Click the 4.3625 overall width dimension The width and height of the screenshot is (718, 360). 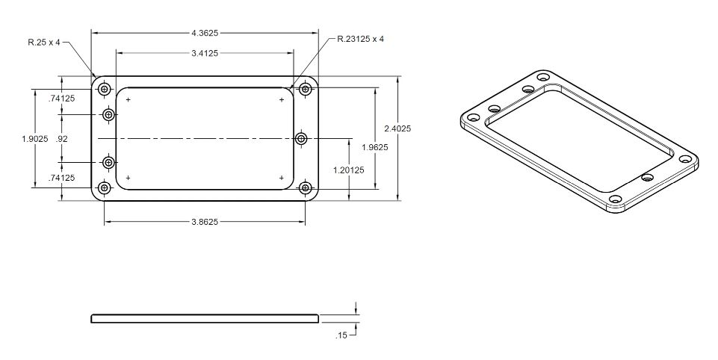click(205, 33)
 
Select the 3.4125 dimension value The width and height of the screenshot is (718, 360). click(205, 53)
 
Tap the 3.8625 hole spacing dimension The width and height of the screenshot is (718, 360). click(205, 222)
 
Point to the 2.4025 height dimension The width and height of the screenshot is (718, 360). click(397, 128)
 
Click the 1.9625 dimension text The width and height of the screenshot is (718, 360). click(375, 147)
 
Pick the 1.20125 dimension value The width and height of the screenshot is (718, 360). click(349, 170)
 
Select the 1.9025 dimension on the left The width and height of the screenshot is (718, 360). click(35, 139)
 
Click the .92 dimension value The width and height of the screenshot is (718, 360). click(61, 139)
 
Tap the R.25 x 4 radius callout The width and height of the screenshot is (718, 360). click(44, 43)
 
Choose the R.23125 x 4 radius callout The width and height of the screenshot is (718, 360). click(360, 39)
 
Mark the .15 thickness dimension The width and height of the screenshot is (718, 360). click(341, 335)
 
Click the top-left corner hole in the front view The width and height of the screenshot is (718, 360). click(105, 89)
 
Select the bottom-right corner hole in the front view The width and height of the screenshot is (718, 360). click(306, 187)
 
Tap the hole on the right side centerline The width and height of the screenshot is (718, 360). click(301, 138)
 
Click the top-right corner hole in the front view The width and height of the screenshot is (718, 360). click(306, 89)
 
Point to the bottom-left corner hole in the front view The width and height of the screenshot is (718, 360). click(105, 187)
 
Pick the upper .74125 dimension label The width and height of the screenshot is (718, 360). click(61, 98)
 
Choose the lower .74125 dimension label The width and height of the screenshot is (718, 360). click(61, 178)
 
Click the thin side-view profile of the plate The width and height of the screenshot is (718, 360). click(205, 318)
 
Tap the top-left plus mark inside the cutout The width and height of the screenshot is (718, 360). click(129, 99)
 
